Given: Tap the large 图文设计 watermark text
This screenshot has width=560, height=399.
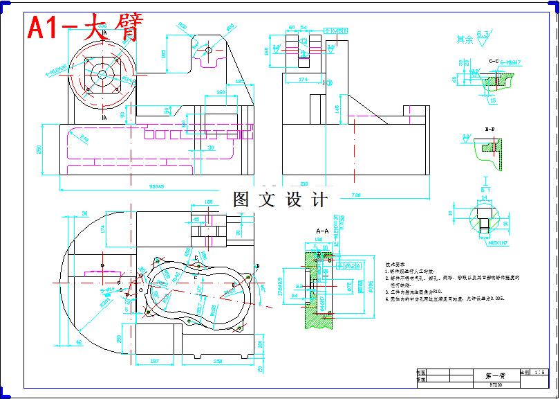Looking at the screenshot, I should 280,200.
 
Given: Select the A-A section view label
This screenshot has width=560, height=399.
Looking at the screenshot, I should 322,231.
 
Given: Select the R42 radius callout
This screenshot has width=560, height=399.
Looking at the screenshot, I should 85,139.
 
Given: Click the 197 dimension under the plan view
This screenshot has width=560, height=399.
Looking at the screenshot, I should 155,361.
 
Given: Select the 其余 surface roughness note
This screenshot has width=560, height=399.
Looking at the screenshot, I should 465,39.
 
